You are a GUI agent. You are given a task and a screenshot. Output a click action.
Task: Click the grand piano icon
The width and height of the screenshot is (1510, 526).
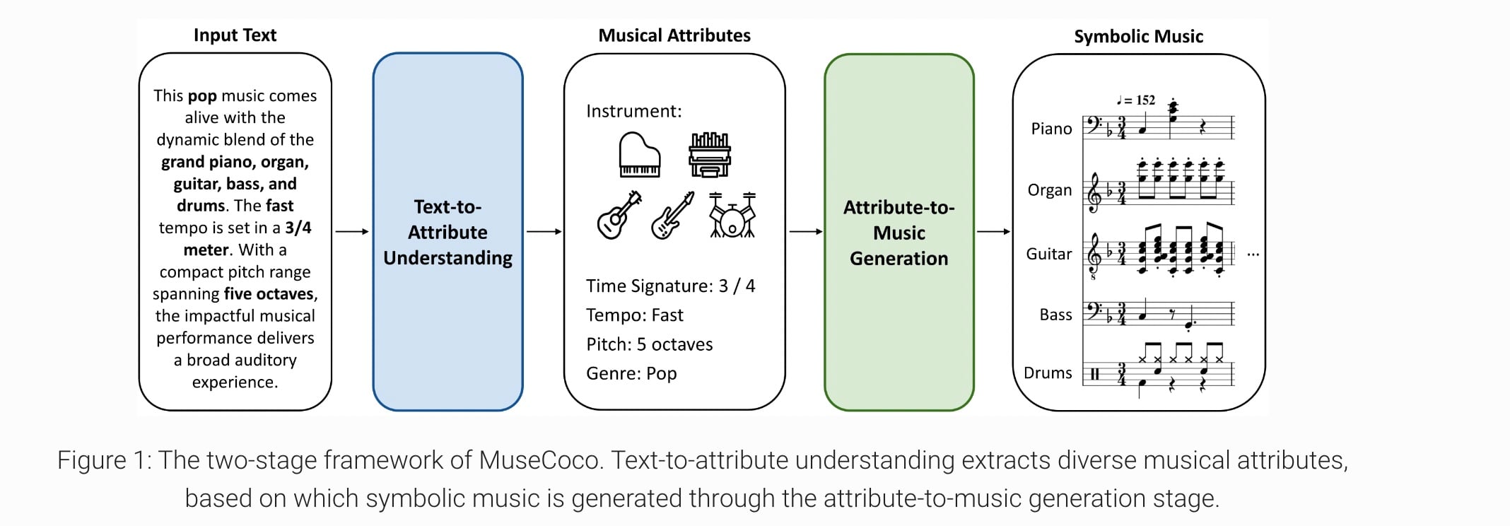639,155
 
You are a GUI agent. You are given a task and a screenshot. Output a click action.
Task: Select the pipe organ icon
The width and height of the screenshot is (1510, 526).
709,155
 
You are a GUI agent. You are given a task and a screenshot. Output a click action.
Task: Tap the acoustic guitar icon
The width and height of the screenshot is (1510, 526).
619,215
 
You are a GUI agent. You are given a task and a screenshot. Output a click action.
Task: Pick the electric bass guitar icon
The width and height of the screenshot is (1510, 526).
672,215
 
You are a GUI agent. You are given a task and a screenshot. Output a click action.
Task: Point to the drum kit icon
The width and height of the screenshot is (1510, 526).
732,215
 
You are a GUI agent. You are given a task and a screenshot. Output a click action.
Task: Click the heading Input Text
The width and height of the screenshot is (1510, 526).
235,35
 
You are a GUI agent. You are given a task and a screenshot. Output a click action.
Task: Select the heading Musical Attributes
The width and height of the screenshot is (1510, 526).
674,35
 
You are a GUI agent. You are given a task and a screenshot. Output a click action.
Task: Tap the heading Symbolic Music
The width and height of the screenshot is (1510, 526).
1138,37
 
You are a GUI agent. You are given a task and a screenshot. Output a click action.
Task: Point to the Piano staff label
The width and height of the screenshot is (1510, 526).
1051,129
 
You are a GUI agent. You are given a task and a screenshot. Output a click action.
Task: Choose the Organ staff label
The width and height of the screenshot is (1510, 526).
1050,190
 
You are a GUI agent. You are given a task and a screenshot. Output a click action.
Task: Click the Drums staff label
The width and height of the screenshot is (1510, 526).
1048,373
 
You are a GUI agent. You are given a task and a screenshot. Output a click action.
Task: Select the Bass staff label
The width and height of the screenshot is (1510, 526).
1055,315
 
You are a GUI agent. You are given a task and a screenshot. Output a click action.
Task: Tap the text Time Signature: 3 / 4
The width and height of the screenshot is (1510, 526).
670,286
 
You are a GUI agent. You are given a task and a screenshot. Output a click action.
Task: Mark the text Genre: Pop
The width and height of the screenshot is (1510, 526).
631,373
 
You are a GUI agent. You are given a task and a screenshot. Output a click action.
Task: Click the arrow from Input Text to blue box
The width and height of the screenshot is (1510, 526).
352,231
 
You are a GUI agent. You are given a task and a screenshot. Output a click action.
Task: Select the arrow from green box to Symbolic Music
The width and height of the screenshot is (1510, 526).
993,231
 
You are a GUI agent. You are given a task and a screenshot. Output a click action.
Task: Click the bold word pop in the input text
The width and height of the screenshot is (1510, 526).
202,95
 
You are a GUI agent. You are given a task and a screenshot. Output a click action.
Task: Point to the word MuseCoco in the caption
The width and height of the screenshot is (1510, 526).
540,460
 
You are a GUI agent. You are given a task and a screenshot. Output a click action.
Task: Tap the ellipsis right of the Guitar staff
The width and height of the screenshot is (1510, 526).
1253,255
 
